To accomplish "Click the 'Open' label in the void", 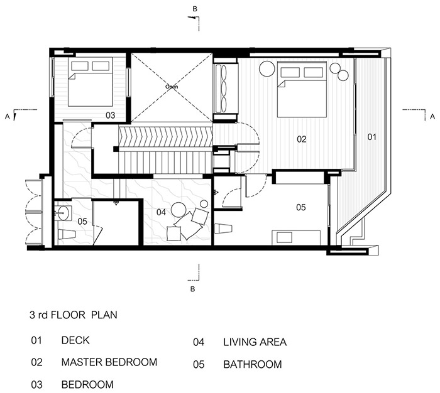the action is (172, 87).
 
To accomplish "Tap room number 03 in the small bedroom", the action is (110, 116).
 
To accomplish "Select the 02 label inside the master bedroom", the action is (302, 139).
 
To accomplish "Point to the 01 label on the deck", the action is (371, 137).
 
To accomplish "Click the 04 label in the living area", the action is (161, 212).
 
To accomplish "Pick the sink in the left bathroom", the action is (63, 213).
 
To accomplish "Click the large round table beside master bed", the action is (267, 68).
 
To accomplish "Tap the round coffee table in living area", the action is (178, 210).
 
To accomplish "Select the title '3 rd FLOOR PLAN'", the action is (74, 315).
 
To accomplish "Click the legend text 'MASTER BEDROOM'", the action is (109, 362).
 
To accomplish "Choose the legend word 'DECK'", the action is (75, 340).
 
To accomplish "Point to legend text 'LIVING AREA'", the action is (255, 342).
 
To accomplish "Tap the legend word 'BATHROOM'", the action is (253, 364).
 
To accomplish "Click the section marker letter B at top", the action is (195, 9).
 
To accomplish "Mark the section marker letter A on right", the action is (432, 116).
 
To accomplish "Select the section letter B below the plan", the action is (192, 289).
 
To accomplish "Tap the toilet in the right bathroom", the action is (223, 229).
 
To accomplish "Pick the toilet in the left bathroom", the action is (67, 234).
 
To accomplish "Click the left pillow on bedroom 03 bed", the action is (80, 66).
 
